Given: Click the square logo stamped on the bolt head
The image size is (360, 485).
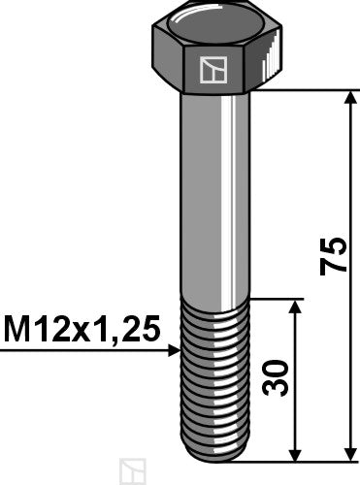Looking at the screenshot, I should (212, 70).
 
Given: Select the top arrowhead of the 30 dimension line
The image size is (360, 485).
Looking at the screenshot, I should (295, 307).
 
